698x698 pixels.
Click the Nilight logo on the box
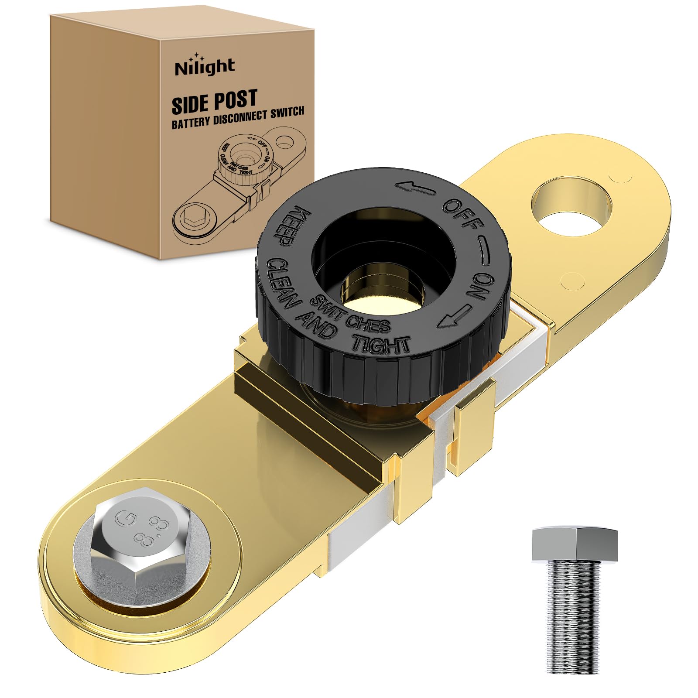pyautogui.click(x=205, y=67)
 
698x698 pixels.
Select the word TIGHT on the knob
pyautogui.click(x=381, y=344)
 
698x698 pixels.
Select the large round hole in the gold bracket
pyautogui.click(x=571, y=205)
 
